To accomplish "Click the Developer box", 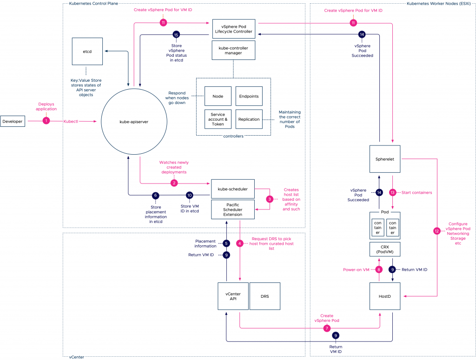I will (13, 121).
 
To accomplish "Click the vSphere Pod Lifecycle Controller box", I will (234, 28).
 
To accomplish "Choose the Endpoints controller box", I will (249, 96).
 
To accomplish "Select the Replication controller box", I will (249, 119).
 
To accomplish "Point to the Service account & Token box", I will (218, 119).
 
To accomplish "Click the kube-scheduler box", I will (233, 189).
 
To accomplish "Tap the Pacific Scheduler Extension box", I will (233, 209).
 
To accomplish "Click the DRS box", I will (265, 295).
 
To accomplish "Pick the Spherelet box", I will (385, 159).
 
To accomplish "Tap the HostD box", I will (385, 295).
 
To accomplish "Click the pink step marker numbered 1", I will (46, 121).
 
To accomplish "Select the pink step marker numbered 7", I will (327, 328).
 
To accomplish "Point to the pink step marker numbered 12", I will (436, 230).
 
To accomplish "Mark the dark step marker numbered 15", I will (176, 35).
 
